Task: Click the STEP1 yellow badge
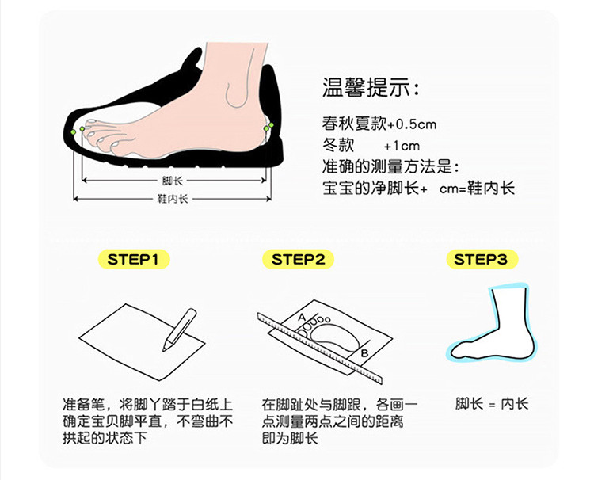click(x=134, y=260)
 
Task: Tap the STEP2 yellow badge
click(x=298, y=260)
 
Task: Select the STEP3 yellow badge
click(x=482, y=260)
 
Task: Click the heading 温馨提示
click(x=371, y=87)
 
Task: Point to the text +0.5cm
click(x=412, y=124)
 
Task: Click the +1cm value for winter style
click(x=402, y=146)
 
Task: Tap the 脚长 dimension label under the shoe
click(x=173, y=181)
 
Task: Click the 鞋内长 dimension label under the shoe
click(x=173, y=199)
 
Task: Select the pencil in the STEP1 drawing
click(x=179, y=330)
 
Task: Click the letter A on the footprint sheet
click(x=302, y=317)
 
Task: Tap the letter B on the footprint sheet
click(x=364, y=353)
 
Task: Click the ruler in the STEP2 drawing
click(x=319, y=349)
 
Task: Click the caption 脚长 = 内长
click(x=491, y=404)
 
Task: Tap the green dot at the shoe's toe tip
click(x=74, y=131)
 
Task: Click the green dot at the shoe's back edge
click(x=271, y=124)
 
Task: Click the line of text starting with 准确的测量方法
click(x=391, y=166)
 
